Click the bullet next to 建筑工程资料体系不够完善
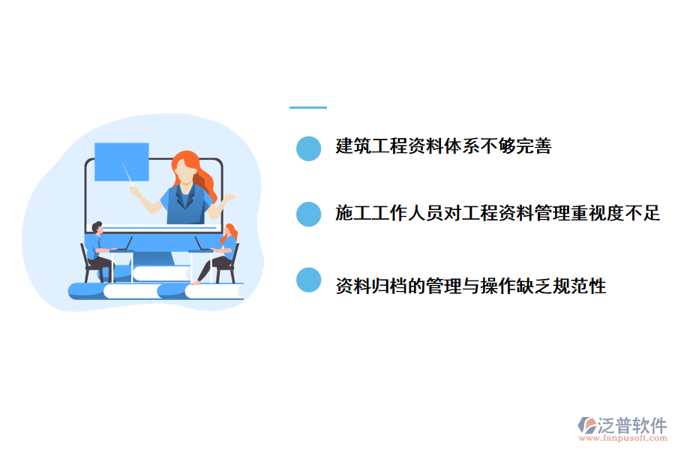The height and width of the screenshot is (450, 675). pyautogui.click(x=308, y=148)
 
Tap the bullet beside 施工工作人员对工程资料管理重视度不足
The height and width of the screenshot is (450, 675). pyautogui.click(x=308, y=214)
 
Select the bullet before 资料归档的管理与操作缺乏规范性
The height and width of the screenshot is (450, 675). pyautogui.click(x=308, y=280)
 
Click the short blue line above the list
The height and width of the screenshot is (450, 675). pyautogui.click(x=308, y=108)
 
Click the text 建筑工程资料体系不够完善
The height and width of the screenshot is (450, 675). pyautogui.click(x=443, y=147)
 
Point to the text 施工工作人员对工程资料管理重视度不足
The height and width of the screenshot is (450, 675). pyautogui.click(x=497, y=214)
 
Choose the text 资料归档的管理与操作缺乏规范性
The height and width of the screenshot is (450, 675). pyautogui.click(x=470, y=286)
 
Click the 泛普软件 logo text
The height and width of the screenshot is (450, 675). pyautogui.click(x=632, y=425)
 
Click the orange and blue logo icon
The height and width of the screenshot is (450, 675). pyautogui.click(x=586, y=425)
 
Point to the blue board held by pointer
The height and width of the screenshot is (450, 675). pyautogui.click(x=121, y=160)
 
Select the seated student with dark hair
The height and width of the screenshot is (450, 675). pyautogui.click(x=95, y=251)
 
